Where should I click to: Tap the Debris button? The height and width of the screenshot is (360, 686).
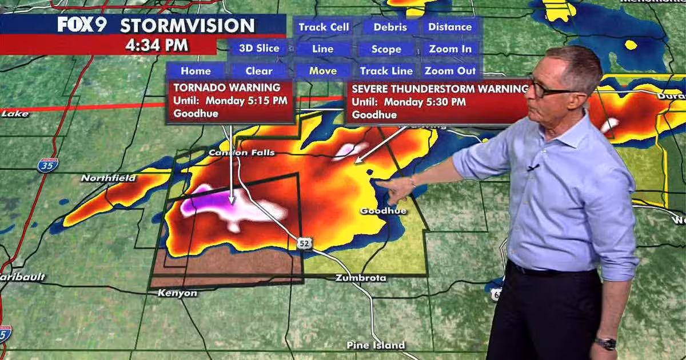point(390,27)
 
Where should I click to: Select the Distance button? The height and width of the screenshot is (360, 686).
point(450,27)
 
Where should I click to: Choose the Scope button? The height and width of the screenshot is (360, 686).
point(386,49)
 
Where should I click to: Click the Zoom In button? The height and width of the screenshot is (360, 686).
point(450,49)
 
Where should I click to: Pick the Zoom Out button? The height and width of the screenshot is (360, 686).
point(450,71)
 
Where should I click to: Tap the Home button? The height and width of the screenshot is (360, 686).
point(196,71)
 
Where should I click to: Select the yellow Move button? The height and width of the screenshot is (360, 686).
point(323,71)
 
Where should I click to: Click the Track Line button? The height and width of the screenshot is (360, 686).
point(386,71)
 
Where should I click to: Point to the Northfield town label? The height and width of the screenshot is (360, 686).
point(109,178)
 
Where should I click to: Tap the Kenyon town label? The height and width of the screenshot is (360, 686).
point(177,293)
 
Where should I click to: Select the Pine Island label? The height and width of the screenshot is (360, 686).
point(376,345)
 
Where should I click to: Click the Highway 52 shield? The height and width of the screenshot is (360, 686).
point(304,244)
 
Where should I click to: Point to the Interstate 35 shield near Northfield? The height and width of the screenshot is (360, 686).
point(48,165)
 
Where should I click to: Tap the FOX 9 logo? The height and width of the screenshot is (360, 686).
point(82,25)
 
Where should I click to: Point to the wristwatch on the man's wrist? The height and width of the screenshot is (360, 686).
point(605,343)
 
